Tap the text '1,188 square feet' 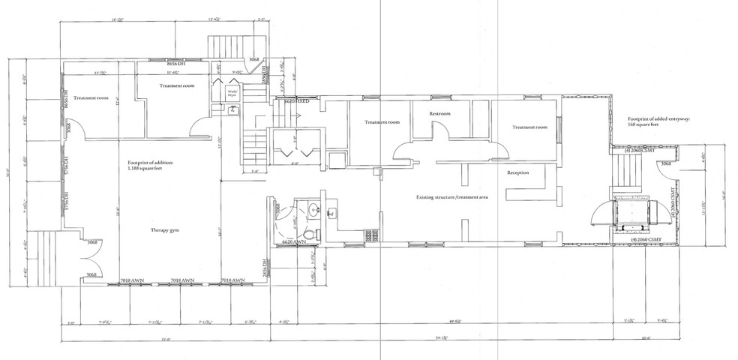[x=144, y=169]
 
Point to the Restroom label [x=441, y=114]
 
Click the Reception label [x=518, y=172]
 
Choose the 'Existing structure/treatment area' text [x=452, y=196]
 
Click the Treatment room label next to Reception [x=529, y=127]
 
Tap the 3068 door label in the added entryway [x=667, y=163]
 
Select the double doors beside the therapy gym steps [x=91, y=259]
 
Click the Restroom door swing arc [x=443, y=131]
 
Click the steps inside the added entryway [x=628, y=179]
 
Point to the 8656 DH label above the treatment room [x=175, y=65]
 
